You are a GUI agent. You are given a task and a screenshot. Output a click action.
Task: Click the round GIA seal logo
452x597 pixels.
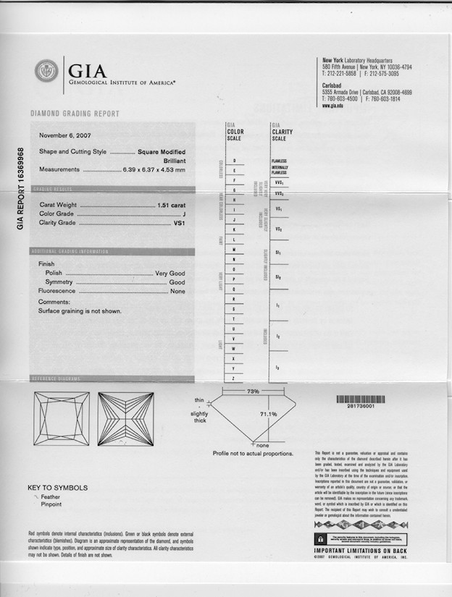46,71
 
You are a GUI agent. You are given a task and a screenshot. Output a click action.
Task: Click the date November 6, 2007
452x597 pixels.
65,135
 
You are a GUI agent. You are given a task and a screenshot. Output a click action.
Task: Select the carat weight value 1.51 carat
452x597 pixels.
171,206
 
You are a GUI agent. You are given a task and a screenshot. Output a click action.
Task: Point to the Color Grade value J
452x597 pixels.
185,214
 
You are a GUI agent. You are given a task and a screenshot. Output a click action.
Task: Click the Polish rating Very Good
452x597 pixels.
170,273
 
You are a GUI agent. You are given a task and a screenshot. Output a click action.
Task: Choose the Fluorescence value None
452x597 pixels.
177,291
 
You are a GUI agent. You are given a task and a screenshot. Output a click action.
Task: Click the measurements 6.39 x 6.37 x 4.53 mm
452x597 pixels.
154,169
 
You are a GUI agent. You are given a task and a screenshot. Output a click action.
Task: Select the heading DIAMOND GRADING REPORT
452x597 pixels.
75,114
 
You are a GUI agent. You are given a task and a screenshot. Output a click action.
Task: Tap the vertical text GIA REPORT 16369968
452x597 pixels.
20,189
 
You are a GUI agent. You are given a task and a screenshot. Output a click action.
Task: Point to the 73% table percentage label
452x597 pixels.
253,391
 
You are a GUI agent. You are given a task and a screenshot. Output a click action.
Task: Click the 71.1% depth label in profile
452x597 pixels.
268,414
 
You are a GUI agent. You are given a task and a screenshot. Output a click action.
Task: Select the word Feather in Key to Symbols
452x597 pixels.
51,497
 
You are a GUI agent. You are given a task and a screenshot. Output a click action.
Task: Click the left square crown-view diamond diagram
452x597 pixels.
62,419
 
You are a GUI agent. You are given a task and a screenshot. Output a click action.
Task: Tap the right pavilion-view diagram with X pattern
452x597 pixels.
125,419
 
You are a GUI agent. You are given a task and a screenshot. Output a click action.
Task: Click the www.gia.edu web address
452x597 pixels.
332,105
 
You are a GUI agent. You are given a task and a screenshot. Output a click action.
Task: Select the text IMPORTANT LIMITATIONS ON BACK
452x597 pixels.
361,550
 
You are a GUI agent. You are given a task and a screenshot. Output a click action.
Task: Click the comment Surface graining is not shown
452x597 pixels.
80,311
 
